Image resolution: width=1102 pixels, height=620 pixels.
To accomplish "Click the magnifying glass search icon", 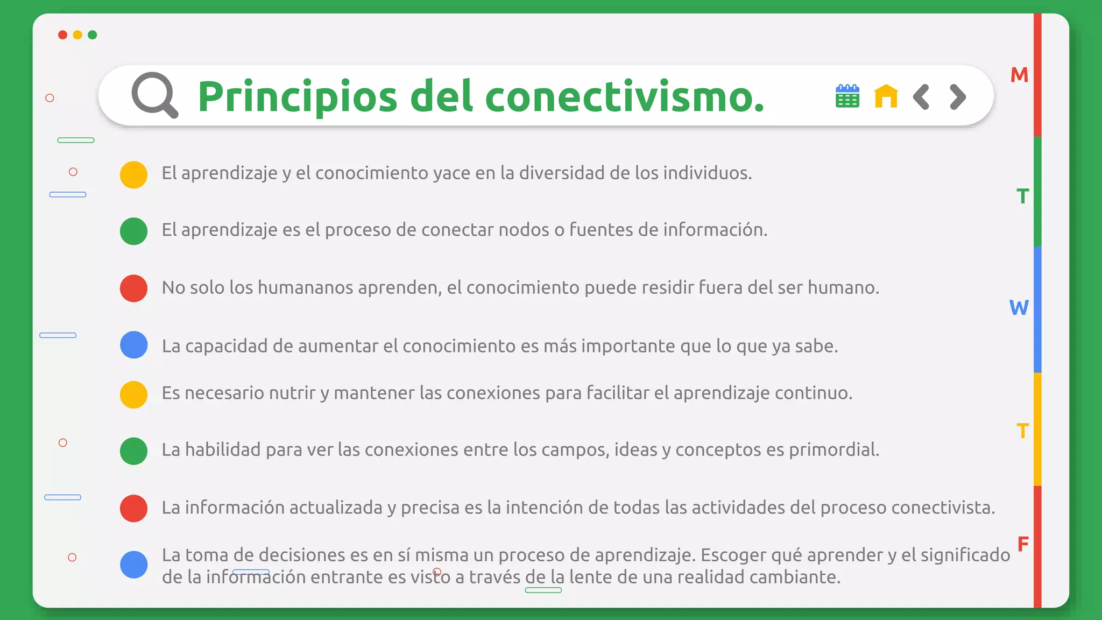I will pos(154,95).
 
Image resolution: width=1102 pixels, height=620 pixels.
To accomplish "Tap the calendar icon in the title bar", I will pos(847,96).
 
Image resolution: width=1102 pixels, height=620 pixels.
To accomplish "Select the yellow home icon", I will pos(886,96).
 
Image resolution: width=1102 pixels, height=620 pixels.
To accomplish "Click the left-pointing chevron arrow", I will pos(921,97).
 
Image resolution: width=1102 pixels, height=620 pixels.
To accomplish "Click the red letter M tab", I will pos(1019,75).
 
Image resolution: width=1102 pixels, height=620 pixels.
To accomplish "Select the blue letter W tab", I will pos(1019,308).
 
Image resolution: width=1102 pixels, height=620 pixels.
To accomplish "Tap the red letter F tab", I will pos(1023,544).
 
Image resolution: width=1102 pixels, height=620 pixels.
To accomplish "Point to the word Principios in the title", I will pos(298,97).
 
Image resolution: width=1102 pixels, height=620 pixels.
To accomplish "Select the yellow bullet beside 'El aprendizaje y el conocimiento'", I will pos(133,174).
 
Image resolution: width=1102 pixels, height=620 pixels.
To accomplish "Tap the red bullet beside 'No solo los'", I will pos(133,288).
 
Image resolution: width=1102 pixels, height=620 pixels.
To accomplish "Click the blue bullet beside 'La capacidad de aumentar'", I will pos(133,345).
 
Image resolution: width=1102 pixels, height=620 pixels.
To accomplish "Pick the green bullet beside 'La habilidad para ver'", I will pos(133,450).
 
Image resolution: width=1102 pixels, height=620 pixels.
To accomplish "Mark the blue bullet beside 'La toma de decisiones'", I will pos(133,565).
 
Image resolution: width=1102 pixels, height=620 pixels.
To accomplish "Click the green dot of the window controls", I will pos(93,35).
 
